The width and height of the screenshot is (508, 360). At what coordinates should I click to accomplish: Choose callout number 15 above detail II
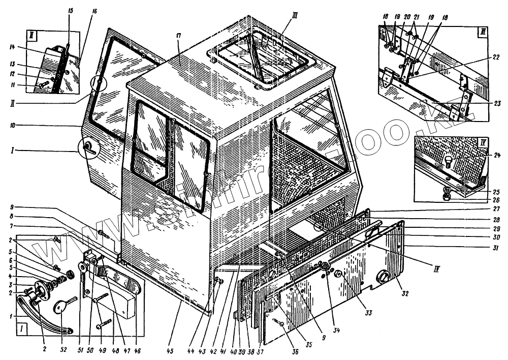click(x=70, y=11)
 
